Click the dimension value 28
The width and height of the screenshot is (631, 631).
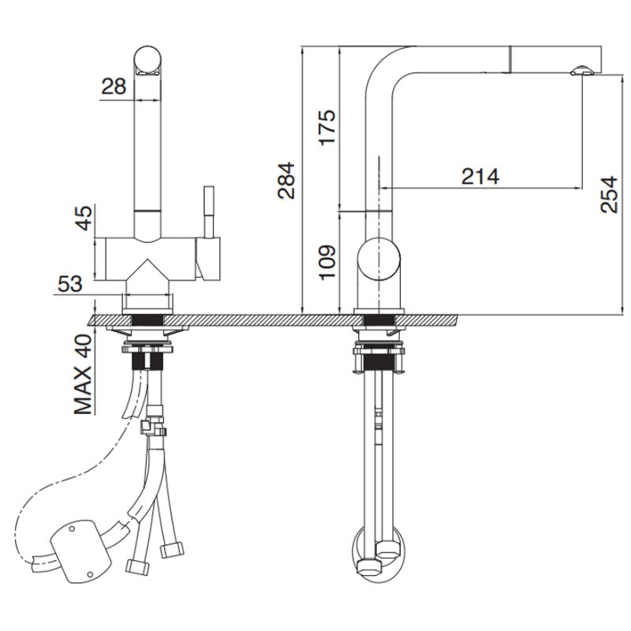click(x=114, y=87)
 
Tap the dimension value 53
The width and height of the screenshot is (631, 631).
click(x=69, y=283)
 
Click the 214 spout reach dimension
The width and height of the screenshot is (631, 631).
click(x=480, y=175)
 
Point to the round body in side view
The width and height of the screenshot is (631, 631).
click(x=380, y=261)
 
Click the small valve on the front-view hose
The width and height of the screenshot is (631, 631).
click(x=154, y=429)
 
